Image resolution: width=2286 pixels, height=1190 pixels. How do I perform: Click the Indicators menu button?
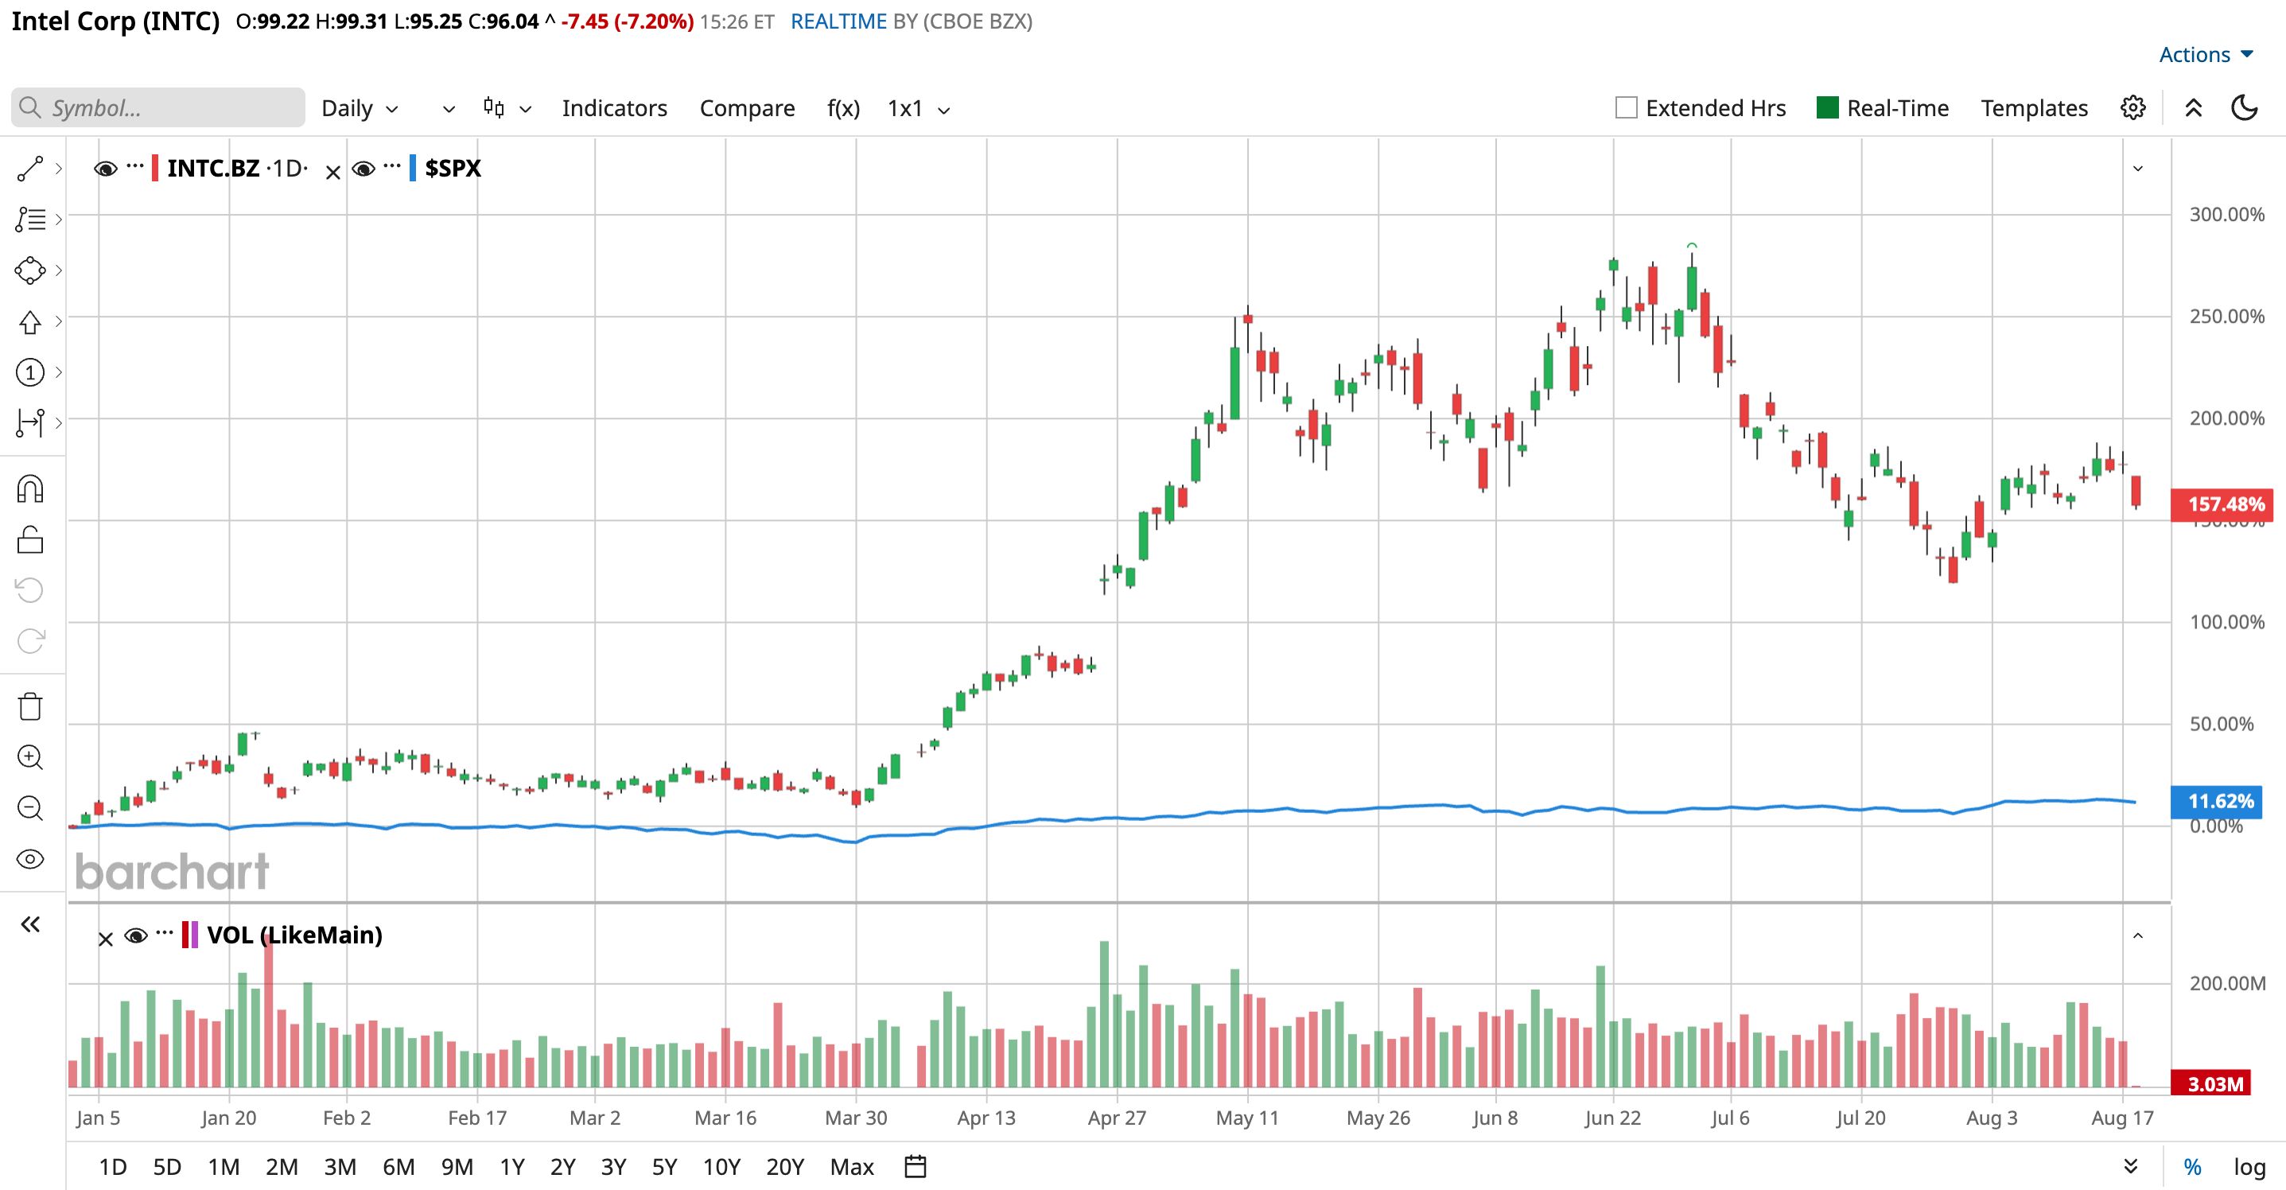click(x=614, y=108)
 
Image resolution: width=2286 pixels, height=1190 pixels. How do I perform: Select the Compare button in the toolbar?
click(x=747, y=108)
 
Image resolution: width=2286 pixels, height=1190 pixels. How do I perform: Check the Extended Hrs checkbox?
click(x=1627, y=107)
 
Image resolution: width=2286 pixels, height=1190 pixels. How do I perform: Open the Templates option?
click(x=2034, y=108)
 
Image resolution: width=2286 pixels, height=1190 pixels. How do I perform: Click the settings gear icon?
click(x=2133, y=107)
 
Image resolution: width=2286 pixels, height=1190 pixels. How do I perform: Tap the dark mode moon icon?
click(x=2245, y=107)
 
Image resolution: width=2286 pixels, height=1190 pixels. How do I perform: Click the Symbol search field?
click(x=158, y=107)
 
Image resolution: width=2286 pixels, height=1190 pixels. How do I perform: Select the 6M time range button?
click(x=398, y=1166)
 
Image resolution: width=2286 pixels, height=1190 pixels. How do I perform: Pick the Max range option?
click(x=852, y=1166)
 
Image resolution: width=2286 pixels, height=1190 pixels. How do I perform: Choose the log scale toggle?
click(x=2249, y=1166)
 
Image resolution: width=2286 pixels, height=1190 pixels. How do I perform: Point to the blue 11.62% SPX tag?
click(x=2220, y=801)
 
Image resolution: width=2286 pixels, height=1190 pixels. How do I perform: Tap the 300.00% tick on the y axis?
click(x=2226, y=214)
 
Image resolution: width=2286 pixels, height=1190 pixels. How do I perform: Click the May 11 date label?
click(x=1247, y=1118)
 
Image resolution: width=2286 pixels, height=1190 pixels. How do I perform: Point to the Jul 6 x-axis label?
click(x=1731, y=1118)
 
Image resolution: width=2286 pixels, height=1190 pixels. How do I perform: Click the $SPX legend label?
click(x=453, y=168)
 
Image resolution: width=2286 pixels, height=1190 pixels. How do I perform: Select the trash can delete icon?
click(x=30, y=706)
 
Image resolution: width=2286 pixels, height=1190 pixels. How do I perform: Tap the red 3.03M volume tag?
click(x=2215, y=1083)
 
